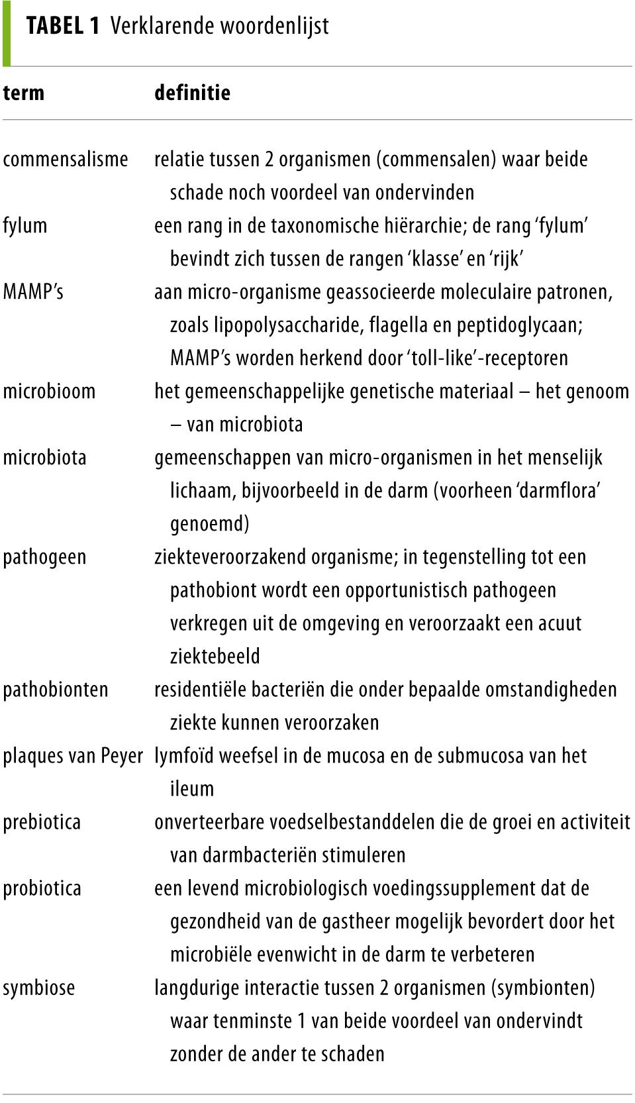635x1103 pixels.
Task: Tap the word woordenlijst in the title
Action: (x=274, y=26)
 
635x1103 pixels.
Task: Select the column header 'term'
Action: (x=23, y=92)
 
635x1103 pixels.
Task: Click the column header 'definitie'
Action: (x=192, y=92)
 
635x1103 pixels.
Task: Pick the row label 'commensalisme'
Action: (x=65, y=159)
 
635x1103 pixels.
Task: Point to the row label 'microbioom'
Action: (x=49, y=391)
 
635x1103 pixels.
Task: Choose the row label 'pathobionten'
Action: (x=55, y=689)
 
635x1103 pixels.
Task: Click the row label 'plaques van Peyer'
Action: (x=72, y=755)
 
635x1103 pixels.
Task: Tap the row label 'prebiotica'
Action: (x=42, y=821)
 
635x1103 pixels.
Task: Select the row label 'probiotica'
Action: (x=42, y=888)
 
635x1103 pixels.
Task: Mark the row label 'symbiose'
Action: (x=38, y=987)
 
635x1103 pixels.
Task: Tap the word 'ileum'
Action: (x=192, y=788)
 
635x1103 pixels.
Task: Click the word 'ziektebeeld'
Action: (x=215, y=656)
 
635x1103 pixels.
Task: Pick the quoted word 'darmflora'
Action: (x=559, y=490)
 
